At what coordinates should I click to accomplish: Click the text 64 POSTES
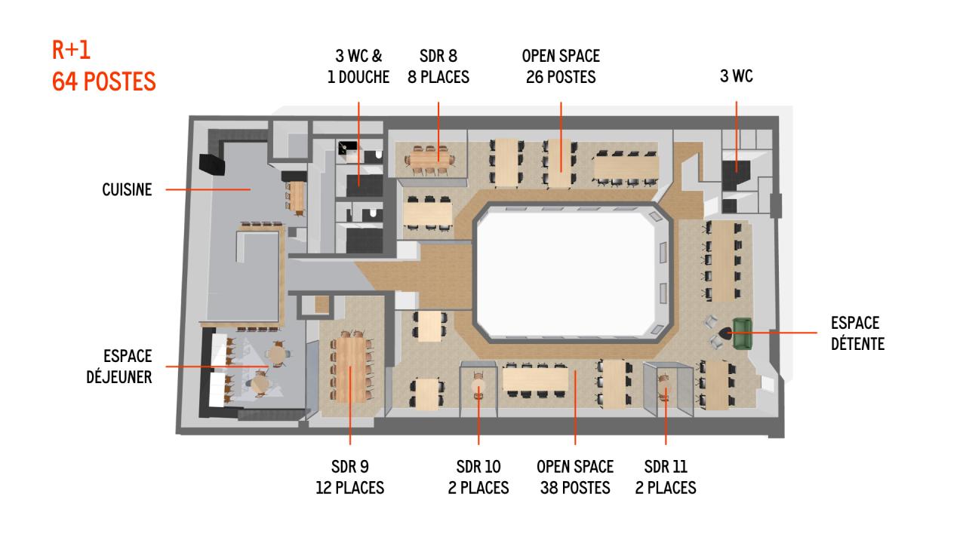tap(104, 81)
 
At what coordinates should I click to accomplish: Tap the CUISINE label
tap(127, 190)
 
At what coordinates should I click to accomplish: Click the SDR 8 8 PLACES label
tap(438, 66)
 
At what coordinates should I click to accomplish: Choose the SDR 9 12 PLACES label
tap(349, 477)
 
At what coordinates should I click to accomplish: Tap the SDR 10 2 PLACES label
tap(478, 477)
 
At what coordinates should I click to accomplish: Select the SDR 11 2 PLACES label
tap(666, 477)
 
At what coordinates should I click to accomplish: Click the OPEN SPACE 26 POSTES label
tap(561, 66)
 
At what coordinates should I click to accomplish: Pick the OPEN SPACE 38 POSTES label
tap(575, 477)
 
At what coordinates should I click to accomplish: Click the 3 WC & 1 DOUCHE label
tap(358, 66)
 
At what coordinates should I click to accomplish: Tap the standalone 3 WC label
tap(737, 76)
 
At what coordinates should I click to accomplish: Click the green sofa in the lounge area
tap(743, 334)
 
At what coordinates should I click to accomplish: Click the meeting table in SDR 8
tap(432, 159)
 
